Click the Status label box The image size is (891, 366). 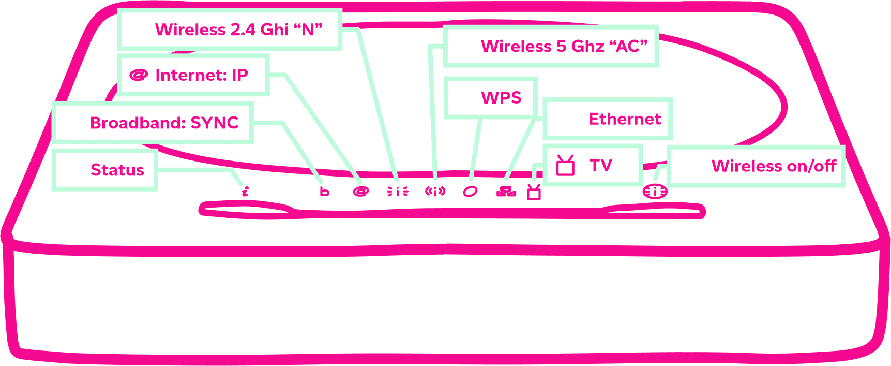105,170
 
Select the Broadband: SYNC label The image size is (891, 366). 153,123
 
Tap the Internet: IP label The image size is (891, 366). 193,75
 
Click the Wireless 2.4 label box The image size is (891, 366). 230,30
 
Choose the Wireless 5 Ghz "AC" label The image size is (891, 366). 551,46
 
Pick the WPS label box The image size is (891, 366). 491,97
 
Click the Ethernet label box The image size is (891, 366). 607,119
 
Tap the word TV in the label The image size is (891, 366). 601,165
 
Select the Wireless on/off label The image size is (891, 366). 756,166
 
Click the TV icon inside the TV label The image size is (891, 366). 565,166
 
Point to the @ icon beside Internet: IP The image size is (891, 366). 139,75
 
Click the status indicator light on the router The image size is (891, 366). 245,192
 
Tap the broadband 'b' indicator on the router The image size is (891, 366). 324,192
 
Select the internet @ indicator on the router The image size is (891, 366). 360,192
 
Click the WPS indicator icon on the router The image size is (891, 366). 470,192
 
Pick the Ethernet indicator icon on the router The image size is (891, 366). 506,192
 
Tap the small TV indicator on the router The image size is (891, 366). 534,192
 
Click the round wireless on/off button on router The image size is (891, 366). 655,192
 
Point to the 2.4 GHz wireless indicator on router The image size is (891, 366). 398,192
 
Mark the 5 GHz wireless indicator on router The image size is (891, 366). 435,192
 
